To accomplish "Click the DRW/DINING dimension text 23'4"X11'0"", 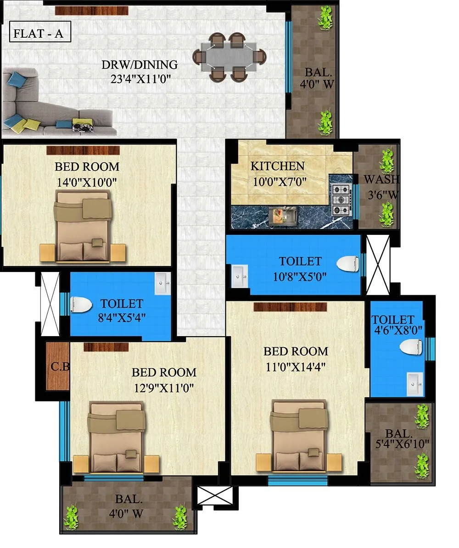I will pyautogui.click(x=140, y=78).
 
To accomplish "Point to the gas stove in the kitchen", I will pyautogui.click(x=341, y=200).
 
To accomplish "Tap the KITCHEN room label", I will pyautogui.click(x=277, y=166).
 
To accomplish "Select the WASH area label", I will pyautogui.click(x=381, y=179).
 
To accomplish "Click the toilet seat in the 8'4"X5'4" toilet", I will pyautogui.click(x=82, y=304).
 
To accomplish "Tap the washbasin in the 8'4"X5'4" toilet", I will pyautogui.click(x=162, y=283).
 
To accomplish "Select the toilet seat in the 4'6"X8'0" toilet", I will pyautogui.click(x=410, y=347).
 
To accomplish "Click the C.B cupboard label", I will pyautogui.click(x=60, y=366).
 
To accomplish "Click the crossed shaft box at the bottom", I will pyautogui.click(x=215, y=496).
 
